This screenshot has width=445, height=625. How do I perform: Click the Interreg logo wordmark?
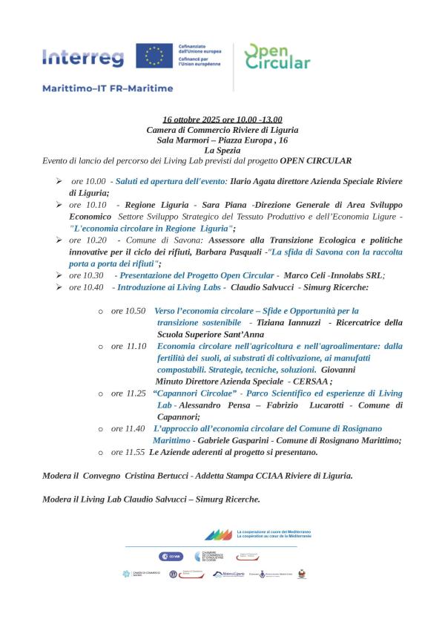[84, 57]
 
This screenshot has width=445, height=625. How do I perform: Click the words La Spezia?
[222, 150]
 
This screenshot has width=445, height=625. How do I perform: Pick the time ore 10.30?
[87, 275]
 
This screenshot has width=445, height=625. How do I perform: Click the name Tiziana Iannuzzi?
[289, 323]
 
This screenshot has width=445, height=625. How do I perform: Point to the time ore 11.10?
[128, 347]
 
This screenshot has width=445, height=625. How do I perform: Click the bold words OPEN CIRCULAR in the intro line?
[315, 160]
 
